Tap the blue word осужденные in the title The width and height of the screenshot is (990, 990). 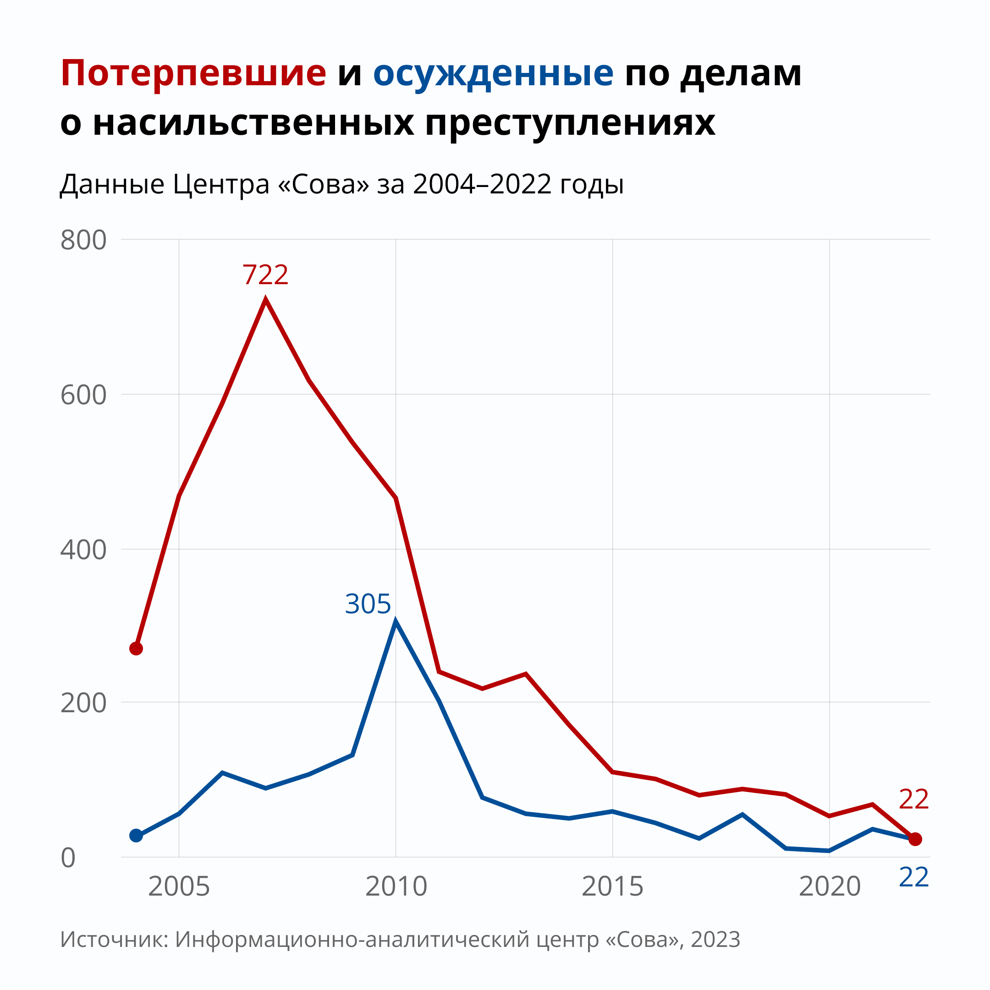tap(493, 74)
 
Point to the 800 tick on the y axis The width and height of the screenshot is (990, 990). tap(83, 240)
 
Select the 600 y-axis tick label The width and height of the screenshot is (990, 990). tap(83, 395)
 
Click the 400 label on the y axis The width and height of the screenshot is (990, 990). tap(83, 550)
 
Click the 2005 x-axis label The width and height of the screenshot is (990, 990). tap(179, 887)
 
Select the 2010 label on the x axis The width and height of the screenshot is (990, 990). tap(396, 887)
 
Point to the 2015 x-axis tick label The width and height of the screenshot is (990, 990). tap(612, 887)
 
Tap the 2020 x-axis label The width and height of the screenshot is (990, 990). tap(830, 887)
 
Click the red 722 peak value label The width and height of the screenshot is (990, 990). tap(265, 275)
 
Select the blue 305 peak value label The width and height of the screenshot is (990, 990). tap(368, 604)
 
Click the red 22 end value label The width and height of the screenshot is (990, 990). tap(913, 800)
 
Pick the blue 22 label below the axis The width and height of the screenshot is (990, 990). tap(913, 878)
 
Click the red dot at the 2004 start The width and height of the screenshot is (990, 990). tap(136, 649)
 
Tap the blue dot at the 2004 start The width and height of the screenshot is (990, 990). tap(136, 836)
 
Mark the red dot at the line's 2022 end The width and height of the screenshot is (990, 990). tap(915, 839)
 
